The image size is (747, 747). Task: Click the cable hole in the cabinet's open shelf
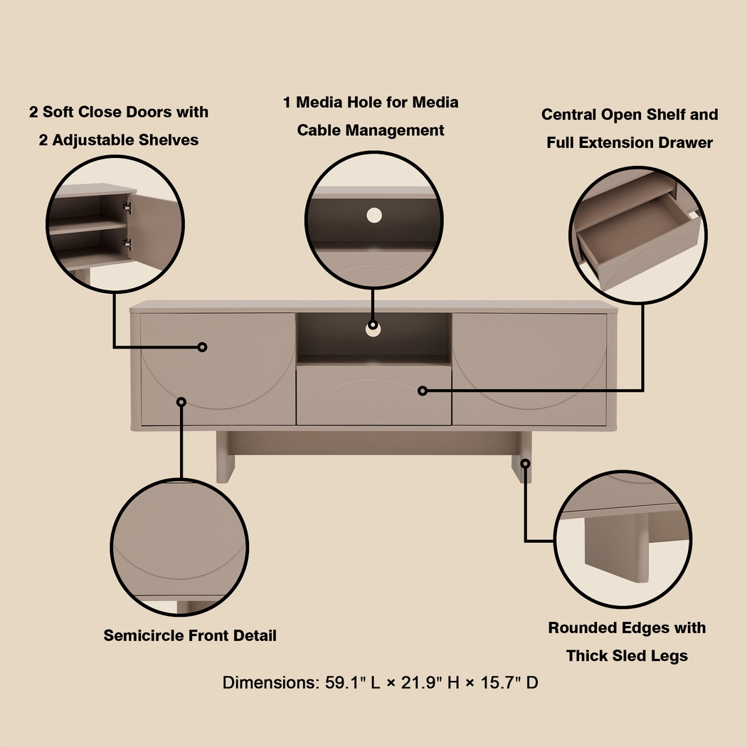tap(373, 328)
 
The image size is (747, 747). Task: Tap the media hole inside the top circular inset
tap(374, 214)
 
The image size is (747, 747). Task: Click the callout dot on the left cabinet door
tap(202, 347)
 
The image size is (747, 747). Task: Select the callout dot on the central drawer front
tap(423, 391)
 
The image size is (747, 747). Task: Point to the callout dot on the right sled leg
tap(525, 463)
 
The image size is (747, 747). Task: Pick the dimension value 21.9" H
tap(430, 683)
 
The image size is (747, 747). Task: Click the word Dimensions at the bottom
tap(269, 683)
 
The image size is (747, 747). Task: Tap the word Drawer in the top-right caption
tap(680, 142)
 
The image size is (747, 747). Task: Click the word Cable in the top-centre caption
tap(322, 130)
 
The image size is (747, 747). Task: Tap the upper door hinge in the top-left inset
tap(127, 208)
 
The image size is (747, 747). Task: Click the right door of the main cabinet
tap(530, 369)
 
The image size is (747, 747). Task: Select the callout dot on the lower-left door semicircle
tap(181, 402)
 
